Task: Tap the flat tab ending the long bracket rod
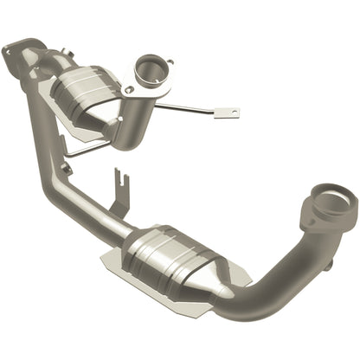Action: [228, 112]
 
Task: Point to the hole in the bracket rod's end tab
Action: [231, 112]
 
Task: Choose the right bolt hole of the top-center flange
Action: [170, 62]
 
